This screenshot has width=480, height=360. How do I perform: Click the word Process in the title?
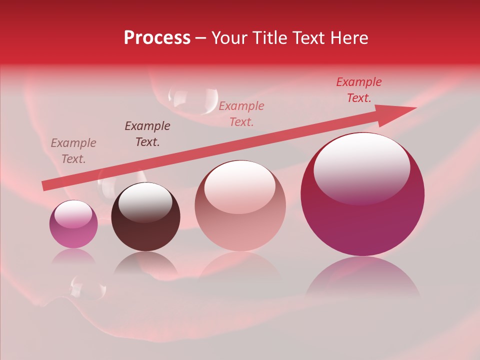pyautogui.click(x=157, y=38)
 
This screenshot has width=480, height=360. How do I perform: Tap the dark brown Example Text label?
pyautogui.click(x=147, y=134)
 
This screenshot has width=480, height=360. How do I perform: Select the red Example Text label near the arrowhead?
pyautogui.click(x=359, y=90)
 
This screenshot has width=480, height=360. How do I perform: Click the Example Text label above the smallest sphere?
pyautogui.click(x=73, y=151)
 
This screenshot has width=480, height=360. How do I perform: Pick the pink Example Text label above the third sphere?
pyautogui.click(x=241, y=113)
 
